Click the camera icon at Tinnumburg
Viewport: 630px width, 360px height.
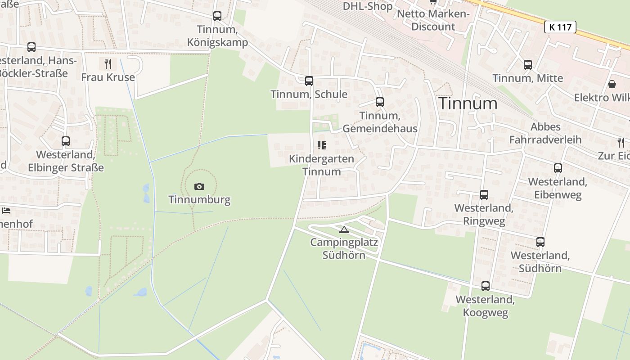(x=199, y=186)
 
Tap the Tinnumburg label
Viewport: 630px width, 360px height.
(x=199, y=199)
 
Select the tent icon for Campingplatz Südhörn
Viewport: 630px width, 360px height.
(x=344, y=230)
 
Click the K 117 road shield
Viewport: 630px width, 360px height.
(x=560, y=27)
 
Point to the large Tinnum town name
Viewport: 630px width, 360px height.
(x=468, y=103)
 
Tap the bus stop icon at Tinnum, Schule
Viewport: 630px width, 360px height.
(x=309, y=81)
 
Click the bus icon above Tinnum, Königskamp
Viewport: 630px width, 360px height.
(x=217, y=16)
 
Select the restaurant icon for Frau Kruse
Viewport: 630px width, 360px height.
(x=108, y=63)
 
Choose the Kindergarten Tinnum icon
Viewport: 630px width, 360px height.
(x=321, y=145)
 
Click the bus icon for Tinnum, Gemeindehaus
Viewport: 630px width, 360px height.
(x=380, y=102)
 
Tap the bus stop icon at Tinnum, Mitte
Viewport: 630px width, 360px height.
(x=528, y=65)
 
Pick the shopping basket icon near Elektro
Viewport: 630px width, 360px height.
(x=612, y=84)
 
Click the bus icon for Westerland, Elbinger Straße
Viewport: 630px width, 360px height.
(x=66, y=141)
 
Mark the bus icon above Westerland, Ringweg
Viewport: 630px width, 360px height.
(x=484, y=195)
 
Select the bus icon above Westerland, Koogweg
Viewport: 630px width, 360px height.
(x=486, y=286)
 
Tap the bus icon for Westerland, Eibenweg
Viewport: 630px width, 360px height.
(x=558, y=168)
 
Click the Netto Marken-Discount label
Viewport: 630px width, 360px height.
(x=433, y=20)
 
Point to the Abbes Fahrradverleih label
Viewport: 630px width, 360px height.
(x=545, y=133)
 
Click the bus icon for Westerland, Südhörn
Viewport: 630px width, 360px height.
(x=540, y=242)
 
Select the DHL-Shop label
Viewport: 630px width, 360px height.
(x=368, y=6)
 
